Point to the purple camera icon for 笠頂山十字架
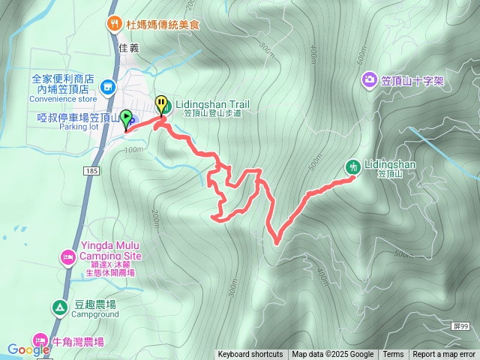369,80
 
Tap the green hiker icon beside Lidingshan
352,166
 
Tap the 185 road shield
91,172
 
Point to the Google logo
28,349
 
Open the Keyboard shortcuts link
250,355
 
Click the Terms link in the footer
393,355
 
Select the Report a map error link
444,355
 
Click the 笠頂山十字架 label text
412,80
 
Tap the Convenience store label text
67,98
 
